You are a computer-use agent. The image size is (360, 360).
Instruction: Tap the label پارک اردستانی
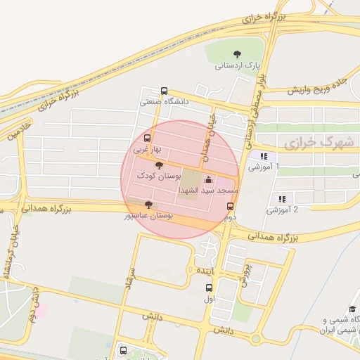point(238,65)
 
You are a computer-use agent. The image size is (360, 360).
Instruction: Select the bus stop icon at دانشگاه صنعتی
point(165,91)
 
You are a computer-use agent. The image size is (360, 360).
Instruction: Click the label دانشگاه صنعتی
point(165,102)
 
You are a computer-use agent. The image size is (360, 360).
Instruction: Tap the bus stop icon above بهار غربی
point(147,138)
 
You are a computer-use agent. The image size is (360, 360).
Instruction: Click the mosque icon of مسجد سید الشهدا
point(207,180)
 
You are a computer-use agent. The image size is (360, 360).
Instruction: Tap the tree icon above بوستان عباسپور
point(147,204)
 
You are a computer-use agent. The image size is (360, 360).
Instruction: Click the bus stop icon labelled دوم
point(230,206)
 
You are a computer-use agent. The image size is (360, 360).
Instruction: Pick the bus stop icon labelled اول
point(208,287)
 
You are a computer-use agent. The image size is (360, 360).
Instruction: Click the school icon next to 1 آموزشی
point(264,156)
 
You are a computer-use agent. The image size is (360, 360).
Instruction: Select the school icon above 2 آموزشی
point(282,199)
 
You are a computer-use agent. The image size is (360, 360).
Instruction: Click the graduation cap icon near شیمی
point(352,310)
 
